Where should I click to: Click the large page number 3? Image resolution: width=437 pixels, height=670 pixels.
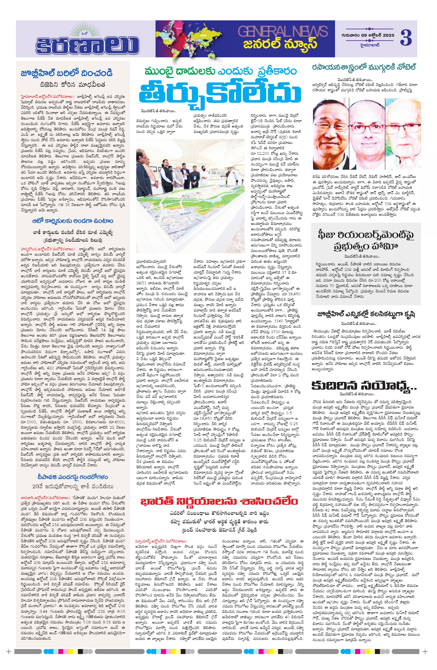click(x=406, y=38)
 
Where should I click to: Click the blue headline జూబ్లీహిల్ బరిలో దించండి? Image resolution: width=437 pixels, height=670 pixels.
click(x=67, y=73)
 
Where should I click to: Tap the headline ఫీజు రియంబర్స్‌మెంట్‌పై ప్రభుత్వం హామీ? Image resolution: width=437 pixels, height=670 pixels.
click(x=366, y=241)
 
